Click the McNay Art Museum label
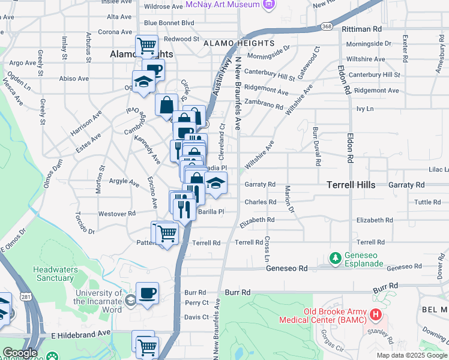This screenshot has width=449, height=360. pos(222,5)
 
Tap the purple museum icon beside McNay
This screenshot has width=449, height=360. pos(268,5)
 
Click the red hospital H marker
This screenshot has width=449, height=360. pos(376,314)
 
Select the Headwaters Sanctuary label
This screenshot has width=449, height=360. pos(53,274)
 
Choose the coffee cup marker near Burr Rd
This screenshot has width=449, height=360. pos(147,294)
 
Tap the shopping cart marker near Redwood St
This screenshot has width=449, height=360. pos(146,45)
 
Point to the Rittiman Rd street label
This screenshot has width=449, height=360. pos(361,28)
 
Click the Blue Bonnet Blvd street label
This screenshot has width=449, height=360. pos(169,23)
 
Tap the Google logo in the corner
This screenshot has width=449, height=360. pos(20,353)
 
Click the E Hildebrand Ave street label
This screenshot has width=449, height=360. pos(81,332)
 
